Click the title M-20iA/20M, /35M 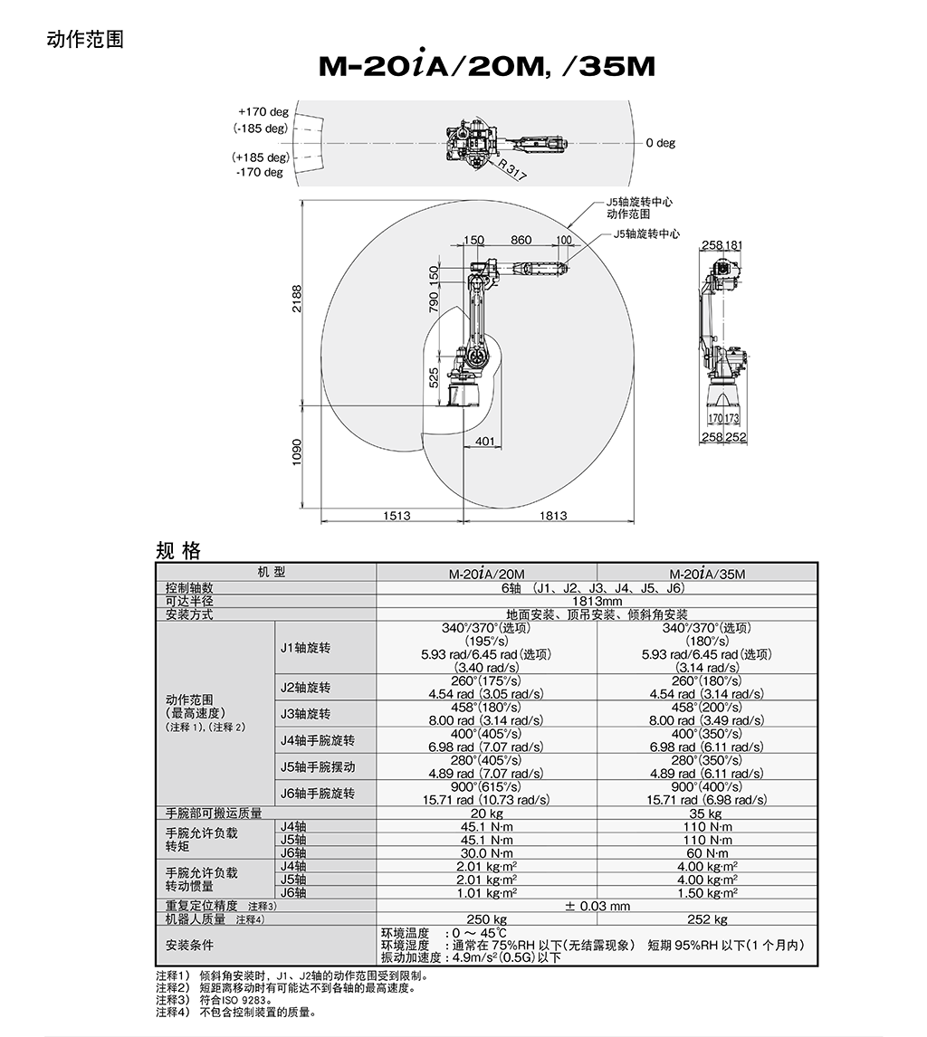tap(486, 67)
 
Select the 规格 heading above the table tap(177, 551)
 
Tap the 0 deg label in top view tap(660, 143)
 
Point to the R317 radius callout tap(512, 170)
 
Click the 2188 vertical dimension tap(296, 299)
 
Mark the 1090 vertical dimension tap(296, 452)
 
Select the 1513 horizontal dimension tap(396, 516)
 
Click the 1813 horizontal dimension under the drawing tap(552, 516)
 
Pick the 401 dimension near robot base tap(485, 442)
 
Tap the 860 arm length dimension tap(521, 241)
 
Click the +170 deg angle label tap(263, 112)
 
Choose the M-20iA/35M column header tap(707, 574)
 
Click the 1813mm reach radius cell tap(597, 601)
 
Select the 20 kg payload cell tap(486, 813)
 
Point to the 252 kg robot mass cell tap(707, 919)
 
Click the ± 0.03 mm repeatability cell tap(597, 906)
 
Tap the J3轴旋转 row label tap(305, 714)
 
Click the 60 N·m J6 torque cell tap(707, 853)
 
